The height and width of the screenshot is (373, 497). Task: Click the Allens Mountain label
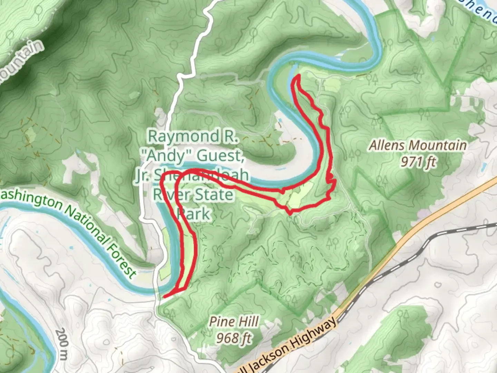418,145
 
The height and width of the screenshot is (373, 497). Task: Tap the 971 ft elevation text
419,162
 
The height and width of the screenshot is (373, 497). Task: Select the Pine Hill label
234,322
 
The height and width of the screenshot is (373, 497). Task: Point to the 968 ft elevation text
234,338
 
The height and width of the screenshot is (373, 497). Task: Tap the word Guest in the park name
219,156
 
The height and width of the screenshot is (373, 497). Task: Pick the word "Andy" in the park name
165,156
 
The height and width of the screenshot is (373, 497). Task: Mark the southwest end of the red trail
165,296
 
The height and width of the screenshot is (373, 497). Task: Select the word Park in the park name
193,214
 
